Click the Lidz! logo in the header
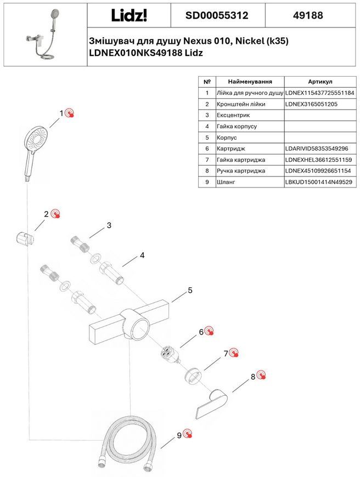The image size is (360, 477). pos(129,15)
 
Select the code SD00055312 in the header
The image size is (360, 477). pos(217,15)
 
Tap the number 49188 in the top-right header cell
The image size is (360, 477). pos(308,15)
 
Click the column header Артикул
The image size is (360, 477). pos(320,82)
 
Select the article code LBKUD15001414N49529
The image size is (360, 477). pos(319,182)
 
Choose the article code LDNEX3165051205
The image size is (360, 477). pos(311,104)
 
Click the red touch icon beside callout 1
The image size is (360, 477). pos(70,112)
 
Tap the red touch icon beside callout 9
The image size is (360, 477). pos(188,434)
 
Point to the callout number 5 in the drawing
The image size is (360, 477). pos(190,290)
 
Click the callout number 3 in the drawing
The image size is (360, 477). pos(109,225)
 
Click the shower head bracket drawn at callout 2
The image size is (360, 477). pos(24,239)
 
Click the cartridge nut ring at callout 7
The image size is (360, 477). pos(194,376)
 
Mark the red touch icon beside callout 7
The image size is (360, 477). pos(234,353)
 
